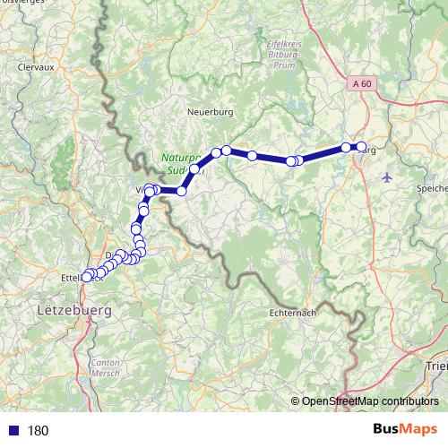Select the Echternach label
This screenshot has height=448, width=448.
[292, 314]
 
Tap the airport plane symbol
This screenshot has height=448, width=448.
[386, 176]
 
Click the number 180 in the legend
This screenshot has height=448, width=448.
[39, 430]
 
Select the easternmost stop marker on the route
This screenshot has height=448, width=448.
[361, 147]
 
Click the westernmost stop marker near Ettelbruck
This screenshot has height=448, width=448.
[86, 277]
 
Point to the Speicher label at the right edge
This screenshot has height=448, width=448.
[431, 188]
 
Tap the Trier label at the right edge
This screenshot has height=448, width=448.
[437, 366]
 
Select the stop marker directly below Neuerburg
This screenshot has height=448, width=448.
[217, 153]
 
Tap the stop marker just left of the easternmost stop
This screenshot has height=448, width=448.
[346, 148]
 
